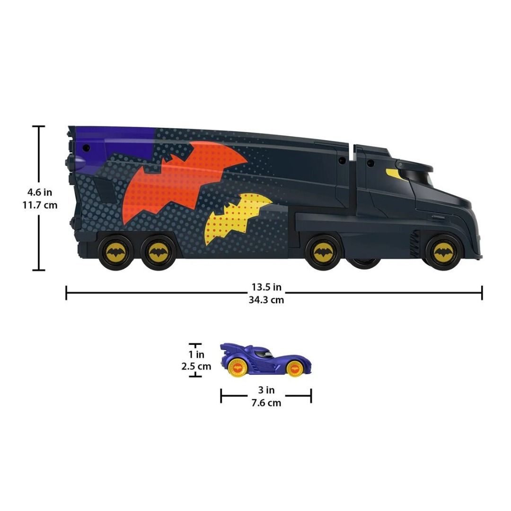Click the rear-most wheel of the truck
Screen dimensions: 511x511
[x=113, y=253]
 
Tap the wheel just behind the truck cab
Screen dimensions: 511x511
[x=322, y=253]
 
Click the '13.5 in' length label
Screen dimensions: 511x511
[x=266, y=287]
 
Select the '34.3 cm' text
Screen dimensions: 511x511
[x=266, y=299]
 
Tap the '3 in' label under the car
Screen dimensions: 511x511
[x=266, y=390]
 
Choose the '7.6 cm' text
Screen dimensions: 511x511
[x=266, y=403]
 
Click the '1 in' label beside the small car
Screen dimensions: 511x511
[x=196, y=354]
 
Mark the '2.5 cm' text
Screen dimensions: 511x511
[x=196, y=366]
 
